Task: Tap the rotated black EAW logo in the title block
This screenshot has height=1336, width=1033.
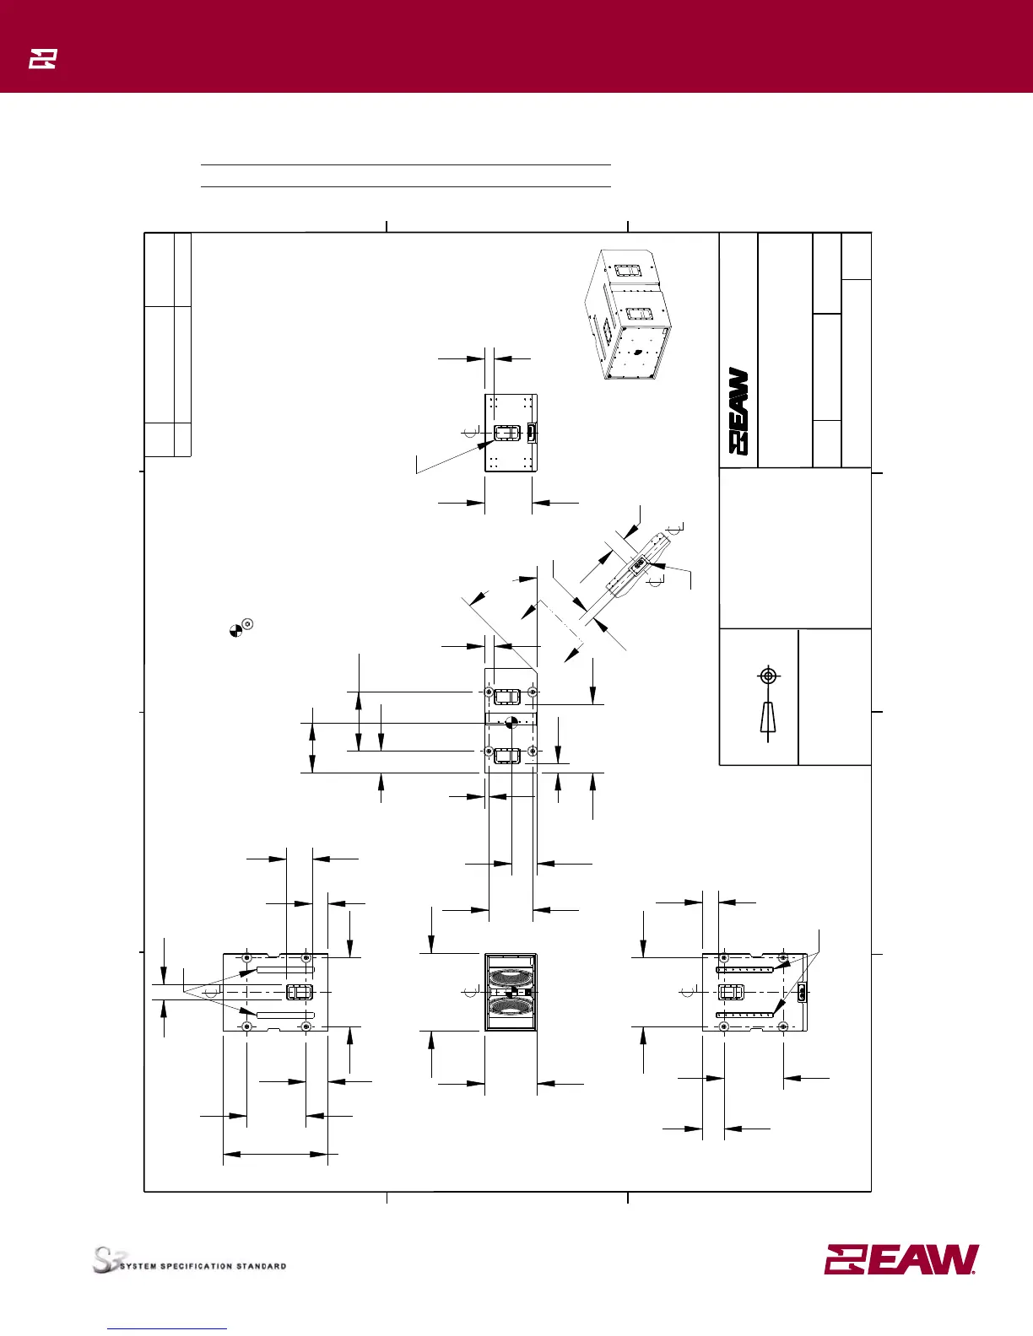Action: pos(738,412)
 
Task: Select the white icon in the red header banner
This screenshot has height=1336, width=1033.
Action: pos(42,59)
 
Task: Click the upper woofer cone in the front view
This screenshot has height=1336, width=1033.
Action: pos(511,978)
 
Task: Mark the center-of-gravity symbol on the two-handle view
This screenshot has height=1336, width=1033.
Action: pos(510,723)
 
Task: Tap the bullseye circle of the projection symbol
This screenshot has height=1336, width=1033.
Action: pos(767,676)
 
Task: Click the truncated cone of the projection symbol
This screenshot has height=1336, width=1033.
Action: pos(767,718)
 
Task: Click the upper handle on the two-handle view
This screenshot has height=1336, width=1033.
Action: pos(507,696)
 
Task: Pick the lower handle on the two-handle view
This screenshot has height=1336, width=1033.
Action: pos(507,755)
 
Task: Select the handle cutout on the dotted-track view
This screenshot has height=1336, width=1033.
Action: pos(731,992)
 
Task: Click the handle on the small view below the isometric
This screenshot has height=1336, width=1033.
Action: pos(506,434)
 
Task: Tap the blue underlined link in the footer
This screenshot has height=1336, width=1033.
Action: pos(168,1328)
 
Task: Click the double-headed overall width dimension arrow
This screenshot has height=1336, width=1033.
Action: pos(275,1153)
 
